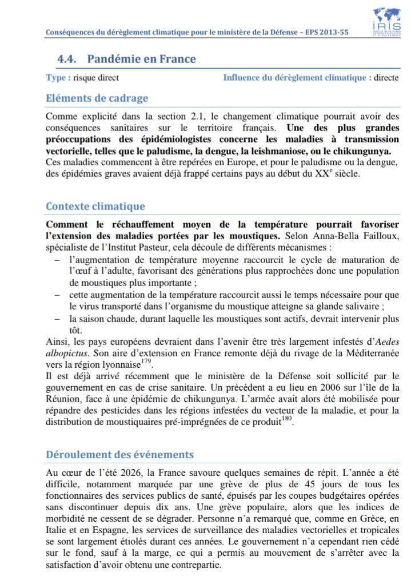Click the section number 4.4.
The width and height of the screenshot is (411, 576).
(67, 59)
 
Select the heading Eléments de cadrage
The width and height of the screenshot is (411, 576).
(97, 98)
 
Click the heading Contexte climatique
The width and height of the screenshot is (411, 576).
(95, 206)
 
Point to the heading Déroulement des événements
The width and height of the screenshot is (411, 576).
(119, 455)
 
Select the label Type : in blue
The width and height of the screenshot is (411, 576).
(58, 78)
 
